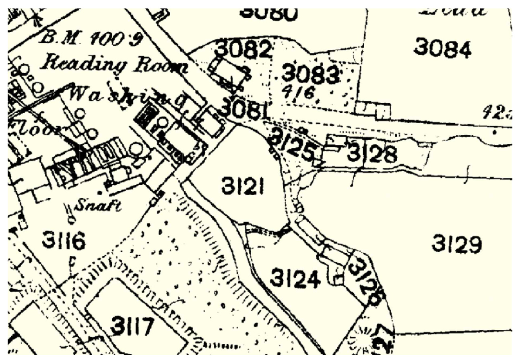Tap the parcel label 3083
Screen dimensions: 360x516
tap(309, 74)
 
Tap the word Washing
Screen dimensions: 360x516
tap(127, 97)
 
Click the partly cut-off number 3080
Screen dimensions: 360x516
tap(268, 14)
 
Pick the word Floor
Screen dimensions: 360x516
tap(38, 125)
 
